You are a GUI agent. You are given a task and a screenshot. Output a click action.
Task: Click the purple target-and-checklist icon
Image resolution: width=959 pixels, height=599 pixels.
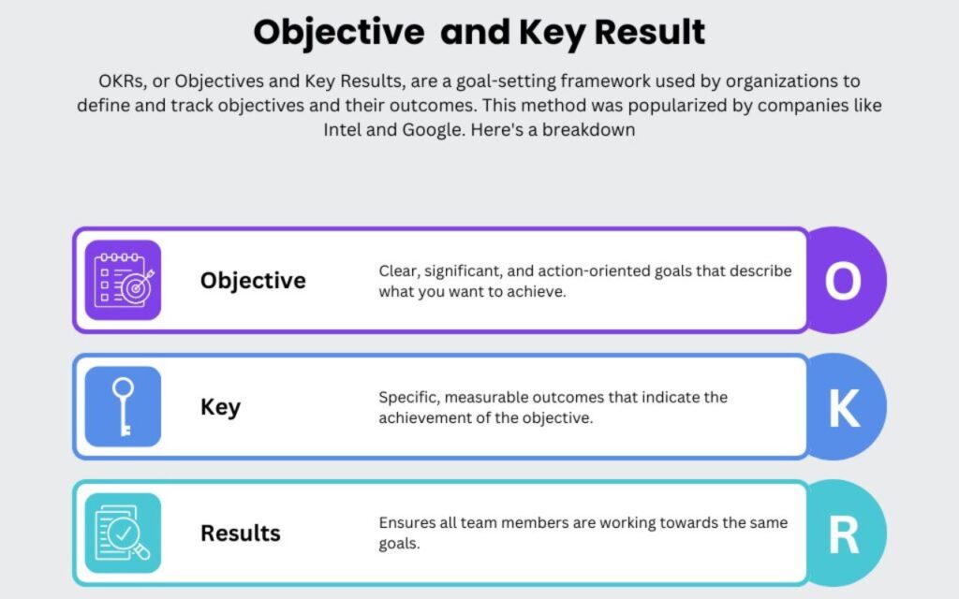coord(123,280)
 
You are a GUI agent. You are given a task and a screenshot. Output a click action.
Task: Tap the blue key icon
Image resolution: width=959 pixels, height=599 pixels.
coord(123,406)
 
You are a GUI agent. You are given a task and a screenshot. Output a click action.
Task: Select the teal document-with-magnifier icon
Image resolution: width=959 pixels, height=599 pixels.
coord(123,533)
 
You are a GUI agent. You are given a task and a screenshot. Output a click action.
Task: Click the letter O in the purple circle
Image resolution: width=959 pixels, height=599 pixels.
coord(843,281)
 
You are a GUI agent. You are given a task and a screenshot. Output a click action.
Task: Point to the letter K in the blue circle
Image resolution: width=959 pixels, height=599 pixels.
coord(844,408)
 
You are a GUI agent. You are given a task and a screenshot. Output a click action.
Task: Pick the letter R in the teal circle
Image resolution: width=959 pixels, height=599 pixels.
coord(844,534)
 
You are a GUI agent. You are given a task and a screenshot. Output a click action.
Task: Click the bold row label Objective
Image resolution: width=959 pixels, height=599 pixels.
coord(253,281)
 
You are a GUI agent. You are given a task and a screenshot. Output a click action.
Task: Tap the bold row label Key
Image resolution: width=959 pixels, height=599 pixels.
coord(220,407)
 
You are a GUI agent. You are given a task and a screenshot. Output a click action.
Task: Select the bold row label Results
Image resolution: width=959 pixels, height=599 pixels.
coord(241,533)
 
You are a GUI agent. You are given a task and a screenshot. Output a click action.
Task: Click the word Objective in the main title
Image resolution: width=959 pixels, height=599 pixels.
coord(339,33)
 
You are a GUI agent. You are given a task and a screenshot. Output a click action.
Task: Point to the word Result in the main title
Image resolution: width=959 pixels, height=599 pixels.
coord(650,32)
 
